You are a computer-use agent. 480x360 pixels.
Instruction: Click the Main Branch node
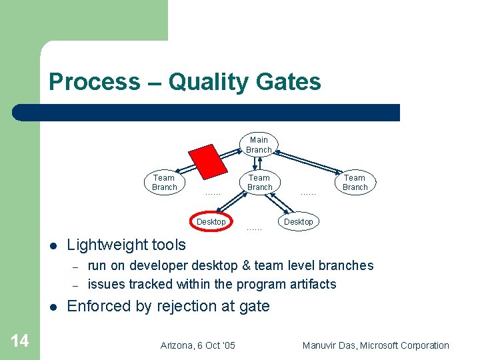[x=259, y=145]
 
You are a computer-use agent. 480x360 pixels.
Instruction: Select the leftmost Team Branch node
[x=164, y=182]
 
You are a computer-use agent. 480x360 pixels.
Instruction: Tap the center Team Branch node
[x=259, y=182]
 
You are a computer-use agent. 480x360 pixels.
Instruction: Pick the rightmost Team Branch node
[x=355, y=182]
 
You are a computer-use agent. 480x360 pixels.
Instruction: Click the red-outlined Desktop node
[x=211, y=221]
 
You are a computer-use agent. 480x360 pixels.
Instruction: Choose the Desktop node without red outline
[x=298, y=221]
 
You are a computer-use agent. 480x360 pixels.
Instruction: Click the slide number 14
[x=20, y=341]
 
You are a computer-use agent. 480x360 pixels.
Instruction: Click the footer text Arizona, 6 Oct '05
[x=198, y=345]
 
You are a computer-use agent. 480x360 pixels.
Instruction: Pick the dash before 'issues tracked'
[x=76, y=285]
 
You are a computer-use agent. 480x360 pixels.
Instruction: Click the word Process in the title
[x=94, y=82]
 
